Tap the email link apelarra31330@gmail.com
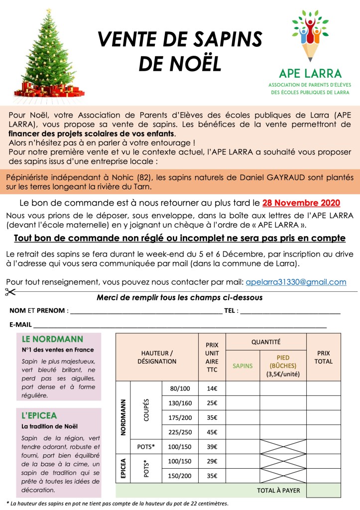pyautogui.click(x=296, y=282)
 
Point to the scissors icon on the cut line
pyautogui.click(x=10, y=292)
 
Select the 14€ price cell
pyautogui.click(x=212, y=388)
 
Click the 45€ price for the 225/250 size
pyautogui.click(x=212, y=432)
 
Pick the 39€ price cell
pyautogui.click(x=212, y=446)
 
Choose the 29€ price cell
pyautogui.click(x=212, y=461)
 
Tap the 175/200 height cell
pyautogui.click(x=180, y=417)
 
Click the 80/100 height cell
pyautogui.click(x=180, y=388)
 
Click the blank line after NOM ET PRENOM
pyautogui.click(x=146, y=311)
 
